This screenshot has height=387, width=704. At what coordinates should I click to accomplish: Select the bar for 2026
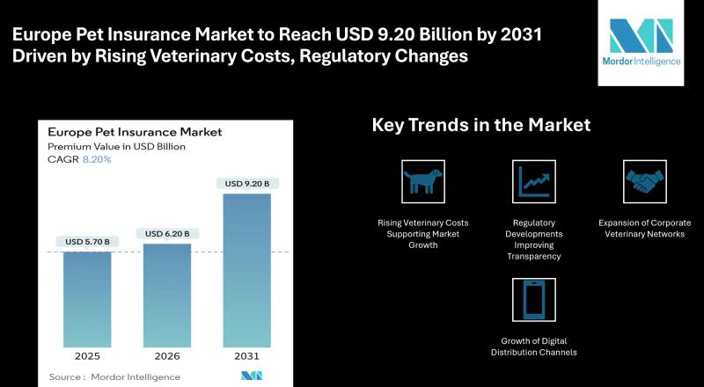coord(167,295)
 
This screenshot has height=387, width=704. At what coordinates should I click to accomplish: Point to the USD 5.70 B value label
coord(86,241)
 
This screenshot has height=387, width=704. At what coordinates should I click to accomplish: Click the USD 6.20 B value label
coord(167,233)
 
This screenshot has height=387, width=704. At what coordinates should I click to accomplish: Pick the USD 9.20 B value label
coord(247,183)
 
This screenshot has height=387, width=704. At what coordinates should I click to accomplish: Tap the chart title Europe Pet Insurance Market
coord(134,132)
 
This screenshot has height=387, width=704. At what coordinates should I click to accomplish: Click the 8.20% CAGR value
coord(97,160)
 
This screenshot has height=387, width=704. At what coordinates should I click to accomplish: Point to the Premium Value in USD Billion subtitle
coord(116,146)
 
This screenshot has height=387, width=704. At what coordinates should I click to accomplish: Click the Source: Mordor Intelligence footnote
coord(114,376)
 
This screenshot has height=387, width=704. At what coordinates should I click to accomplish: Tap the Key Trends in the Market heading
coord(481,126)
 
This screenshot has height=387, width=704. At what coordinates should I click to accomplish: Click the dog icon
coord(423,181)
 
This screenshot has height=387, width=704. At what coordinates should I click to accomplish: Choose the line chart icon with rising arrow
coord(534,181)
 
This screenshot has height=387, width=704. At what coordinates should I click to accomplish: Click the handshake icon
coord(645,181)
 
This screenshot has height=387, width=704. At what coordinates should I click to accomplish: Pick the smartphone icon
coord(534,299)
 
